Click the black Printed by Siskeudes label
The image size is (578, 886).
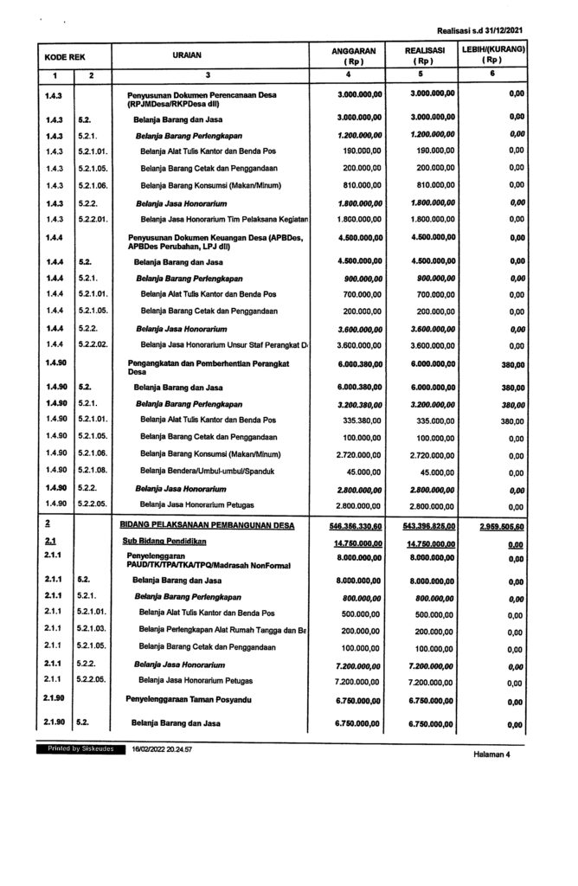pyautogui.click(x=79, y=746)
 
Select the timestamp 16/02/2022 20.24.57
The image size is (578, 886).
pyautogui.click(x=162, y=746)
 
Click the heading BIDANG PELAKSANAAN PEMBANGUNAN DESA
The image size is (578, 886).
pyautogui.click(x=207, y=524)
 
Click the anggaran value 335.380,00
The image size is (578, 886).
pyautogui.click(x=357, y=421)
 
